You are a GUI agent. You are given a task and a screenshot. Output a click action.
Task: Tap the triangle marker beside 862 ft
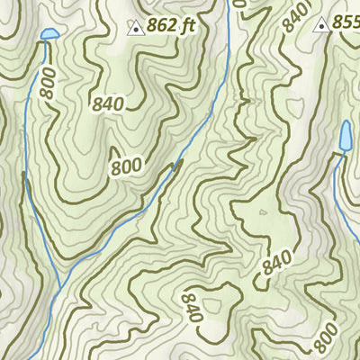[x=135, y=27]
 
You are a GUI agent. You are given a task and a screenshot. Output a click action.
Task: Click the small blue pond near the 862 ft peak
[x=49, y=35]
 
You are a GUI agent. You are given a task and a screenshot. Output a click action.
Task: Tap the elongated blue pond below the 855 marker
[x=345, y=136]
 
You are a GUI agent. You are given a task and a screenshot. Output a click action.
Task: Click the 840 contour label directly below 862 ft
[x=108, y=103]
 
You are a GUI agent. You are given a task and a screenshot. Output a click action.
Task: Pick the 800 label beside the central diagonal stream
[x=127, y=166]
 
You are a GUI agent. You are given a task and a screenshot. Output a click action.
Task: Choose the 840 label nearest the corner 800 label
[x=277, y=265]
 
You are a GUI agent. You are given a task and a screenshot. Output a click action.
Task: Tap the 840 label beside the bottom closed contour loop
[x=190, y=306]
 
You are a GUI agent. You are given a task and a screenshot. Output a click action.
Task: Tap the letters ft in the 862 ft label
[x=187, y=27]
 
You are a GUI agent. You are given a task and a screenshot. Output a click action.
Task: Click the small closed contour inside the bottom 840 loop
[x=262, y=213]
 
